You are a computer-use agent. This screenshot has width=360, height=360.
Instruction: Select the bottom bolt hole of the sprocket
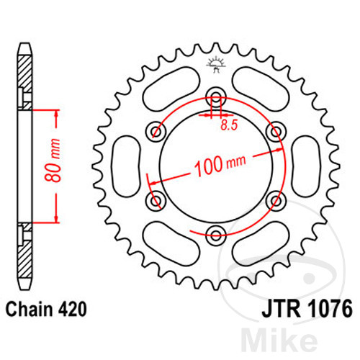pyautogui.click(x=215, y=232)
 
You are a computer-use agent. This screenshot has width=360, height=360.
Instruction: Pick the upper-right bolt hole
pyautogui.click(x=273, y=131)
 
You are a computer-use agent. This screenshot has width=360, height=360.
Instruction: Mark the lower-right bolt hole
pyautogui.click(x=273, y=199)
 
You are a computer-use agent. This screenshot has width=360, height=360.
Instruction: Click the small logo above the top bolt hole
pyautogui.click(x=214, y=64)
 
